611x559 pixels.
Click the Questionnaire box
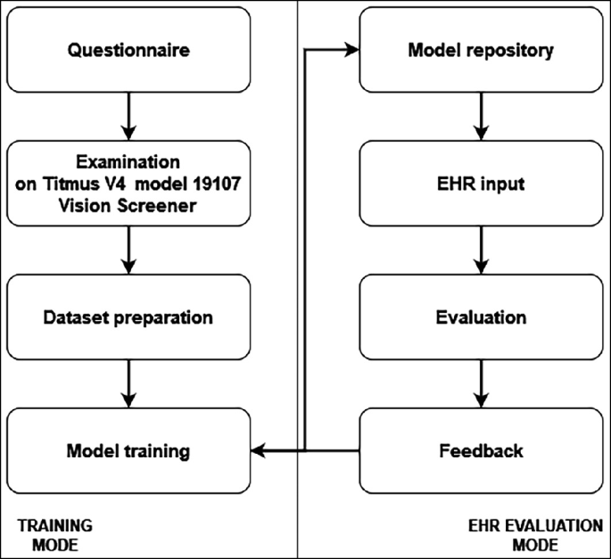(128, 50)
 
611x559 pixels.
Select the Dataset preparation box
(128, 317)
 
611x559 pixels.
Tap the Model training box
(128, 450)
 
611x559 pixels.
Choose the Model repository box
(481, 50)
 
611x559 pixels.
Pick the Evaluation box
(481, 317)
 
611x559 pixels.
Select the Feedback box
(481, 450)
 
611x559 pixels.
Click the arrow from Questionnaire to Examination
(128, 115)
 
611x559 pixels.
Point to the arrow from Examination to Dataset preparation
(128, 250)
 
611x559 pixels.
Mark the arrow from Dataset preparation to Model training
(128, 383)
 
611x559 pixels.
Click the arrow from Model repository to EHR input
(481, 115)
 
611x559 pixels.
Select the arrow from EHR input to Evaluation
(481, 250)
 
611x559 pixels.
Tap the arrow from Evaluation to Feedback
(481, 383)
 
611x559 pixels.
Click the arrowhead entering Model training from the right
(259, 450)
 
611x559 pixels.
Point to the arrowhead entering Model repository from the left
(351, 50)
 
